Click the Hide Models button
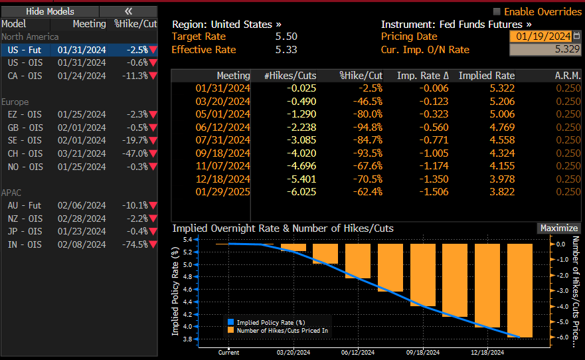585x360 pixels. click(x=50, y=11)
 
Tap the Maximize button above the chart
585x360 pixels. click(x=558, y=228)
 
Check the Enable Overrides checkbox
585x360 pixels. click(x=497, y=12)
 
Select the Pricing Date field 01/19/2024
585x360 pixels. click(x=543, y=37)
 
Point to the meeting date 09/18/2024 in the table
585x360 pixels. click(x=222, y=153)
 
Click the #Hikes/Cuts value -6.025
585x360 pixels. click(x=300, y=191)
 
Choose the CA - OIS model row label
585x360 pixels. click(x=25, y=76)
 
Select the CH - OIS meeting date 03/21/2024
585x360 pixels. click(x=82, y=153)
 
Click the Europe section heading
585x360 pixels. click(x=16, y=102)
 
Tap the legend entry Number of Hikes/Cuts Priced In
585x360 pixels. click(x=282, y=329)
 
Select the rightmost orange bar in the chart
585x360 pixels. click(x=520, y=290)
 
